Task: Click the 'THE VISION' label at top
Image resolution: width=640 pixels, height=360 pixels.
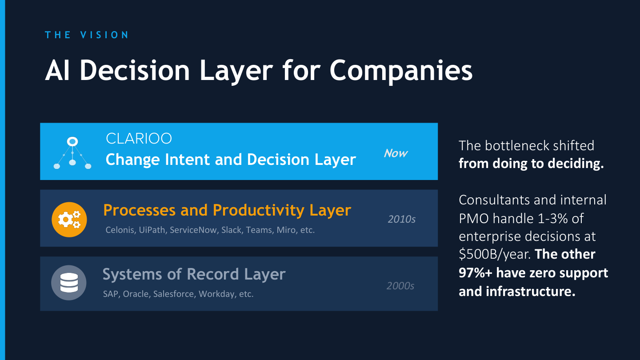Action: click(87, 35)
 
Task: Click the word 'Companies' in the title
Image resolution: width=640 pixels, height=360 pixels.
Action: click(401, 70)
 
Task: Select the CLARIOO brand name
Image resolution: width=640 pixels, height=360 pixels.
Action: click(139, 139)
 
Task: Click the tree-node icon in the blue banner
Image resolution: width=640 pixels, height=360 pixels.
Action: click(72, 153)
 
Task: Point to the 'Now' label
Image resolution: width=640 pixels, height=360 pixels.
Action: click(396, 153)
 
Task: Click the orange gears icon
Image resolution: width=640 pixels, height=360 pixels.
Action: click(69, 219)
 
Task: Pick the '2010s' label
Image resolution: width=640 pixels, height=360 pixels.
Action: click(401, 219)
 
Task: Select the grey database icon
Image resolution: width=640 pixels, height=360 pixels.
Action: click(68, 283)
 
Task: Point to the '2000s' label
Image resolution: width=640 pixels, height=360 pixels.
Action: click(400, 286)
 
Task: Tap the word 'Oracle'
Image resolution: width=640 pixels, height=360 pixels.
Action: click(136, 294)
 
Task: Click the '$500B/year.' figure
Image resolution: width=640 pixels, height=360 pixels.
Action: click(495, 255)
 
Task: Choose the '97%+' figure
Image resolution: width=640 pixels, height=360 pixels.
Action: click(476, 272)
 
